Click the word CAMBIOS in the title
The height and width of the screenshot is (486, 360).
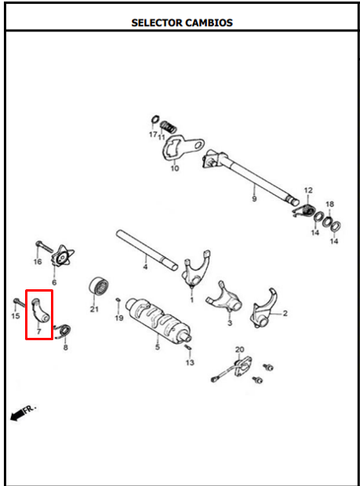[209, 23]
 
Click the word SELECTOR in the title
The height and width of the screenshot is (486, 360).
[157, 23]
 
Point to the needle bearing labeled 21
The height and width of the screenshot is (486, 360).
[99, 285]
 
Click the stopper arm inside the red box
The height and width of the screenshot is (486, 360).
[40, 310]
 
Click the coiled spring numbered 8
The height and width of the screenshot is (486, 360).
[64, 331]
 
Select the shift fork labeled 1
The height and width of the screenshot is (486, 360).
[196, 269]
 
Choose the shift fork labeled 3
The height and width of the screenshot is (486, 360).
[224, 298]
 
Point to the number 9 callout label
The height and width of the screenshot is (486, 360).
[254, 198]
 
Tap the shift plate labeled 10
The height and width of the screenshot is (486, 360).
[182, 148]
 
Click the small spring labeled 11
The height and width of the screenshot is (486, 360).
[168, 126]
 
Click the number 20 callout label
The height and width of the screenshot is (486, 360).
[240, 350]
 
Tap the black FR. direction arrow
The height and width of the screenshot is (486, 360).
[18, 415]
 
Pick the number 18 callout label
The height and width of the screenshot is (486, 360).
[330, 204]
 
